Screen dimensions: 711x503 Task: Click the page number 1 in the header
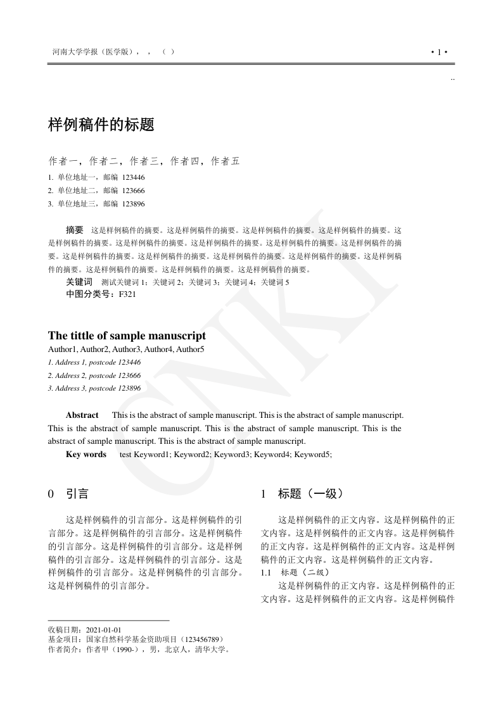pos(439,52)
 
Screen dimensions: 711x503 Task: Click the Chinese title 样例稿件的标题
pos(101,125)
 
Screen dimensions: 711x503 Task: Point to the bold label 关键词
pos(79,282)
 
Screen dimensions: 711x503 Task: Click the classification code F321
pos(127,294)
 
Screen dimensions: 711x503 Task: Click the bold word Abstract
pos(82,415)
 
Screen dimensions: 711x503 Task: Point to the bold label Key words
pos(86,455)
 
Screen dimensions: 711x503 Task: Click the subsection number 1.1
pos(267,572)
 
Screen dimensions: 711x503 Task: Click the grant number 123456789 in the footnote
pos(201,639)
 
